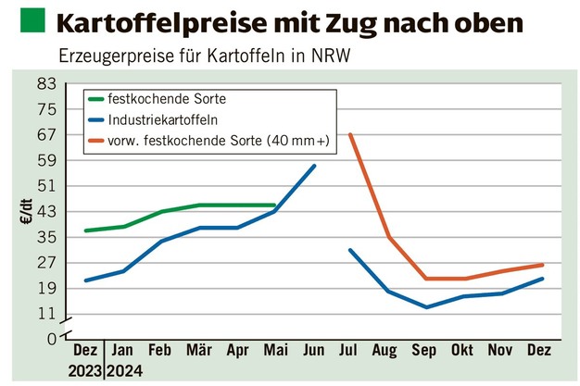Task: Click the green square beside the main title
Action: pyautogui.click(x=30, y=19)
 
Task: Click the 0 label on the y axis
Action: pyautogui.click(x=52, y=339)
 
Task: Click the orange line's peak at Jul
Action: pyautogui.click(x=350, y=134)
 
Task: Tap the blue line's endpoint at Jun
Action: pyautogui.click(x=314, y=166)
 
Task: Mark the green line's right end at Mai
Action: pyautogui.click(x=274, y=205)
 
